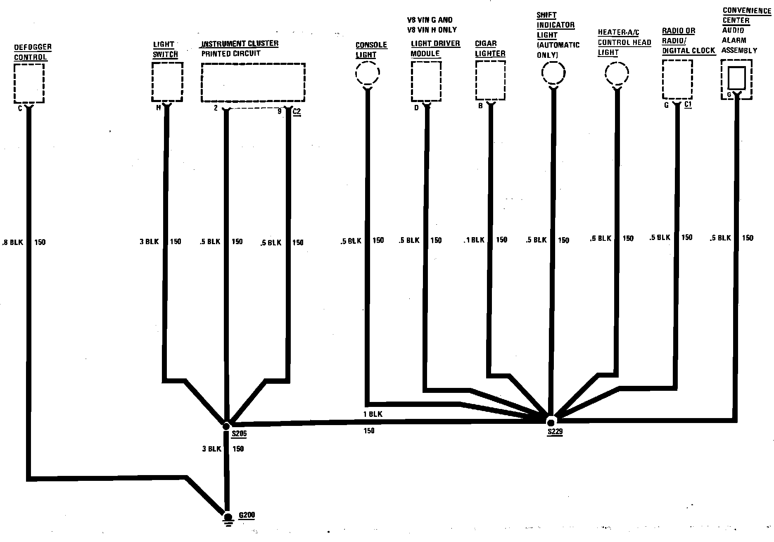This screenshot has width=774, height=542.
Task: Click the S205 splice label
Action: coord(239,434)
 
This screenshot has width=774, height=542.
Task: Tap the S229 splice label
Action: coord(555,432)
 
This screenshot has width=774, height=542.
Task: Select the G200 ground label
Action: coord(247,516)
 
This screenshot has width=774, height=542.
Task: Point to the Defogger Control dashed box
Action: coord(29,83)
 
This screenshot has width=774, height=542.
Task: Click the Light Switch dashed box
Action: coord(167,81)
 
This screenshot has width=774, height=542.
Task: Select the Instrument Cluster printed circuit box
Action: coord(253,82)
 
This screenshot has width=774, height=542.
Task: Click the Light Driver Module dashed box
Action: coord(426,81)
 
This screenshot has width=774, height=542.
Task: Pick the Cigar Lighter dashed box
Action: coord(490,80)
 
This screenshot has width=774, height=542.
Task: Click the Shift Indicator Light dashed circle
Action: coord(553,73)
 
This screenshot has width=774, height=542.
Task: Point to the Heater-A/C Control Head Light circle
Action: coord(617,74)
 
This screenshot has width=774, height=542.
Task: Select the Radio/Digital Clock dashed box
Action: coord(677,79)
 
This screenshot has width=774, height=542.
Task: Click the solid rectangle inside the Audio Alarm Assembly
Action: coord(736,77)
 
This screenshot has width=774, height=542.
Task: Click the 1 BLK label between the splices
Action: coord(373,414)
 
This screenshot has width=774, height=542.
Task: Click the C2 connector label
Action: coord(297,112)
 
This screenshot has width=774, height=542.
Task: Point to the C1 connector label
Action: coord(688,105)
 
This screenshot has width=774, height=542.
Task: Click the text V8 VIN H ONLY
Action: coord(432,30)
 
